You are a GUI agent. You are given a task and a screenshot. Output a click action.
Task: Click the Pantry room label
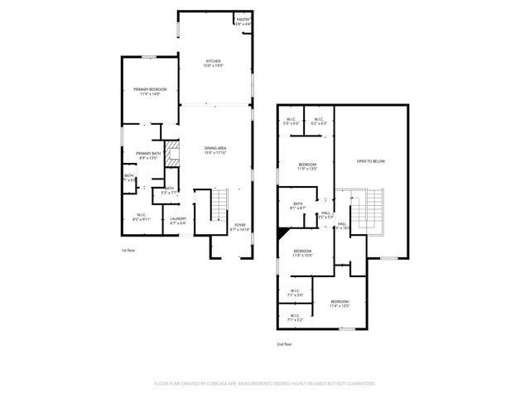(x=243, y=21)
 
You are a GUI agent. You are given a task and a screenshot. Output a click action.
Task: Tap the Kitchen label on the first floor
(x=214, y=64)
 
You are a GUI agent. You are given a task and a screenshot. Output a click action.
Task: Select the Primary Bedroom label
(x=151, y=91)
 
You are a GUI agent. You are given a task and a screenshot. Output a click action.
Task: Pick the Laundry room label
(x=178, y=220)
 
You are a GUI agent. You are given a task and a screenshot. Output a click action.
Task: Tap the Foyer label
(x=239, y=227)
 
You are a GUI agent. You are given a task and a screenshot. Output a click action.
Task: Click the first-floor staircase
(x=219, y=203)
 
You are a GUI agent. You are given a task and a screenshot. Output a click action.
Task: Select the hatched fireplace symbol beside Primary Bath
(x=172, y=154)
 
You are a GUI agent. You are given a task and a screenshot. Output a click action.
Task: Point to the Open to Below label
(x=371, y=160)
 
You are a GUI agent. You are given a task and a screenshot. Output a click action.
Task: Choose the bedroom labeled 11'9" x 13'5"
(x=307, y=166)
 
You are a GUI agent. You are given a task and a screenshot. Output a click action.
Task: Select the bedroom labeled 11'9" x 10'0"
(x=302, y=252)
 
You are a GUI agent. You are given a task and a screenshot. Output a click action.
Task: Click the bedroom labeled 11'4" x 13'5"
(x=340, y=304)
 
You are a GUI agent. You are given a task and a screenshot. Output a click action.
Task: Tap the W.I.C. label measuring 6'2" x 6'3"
(x=320, y=121)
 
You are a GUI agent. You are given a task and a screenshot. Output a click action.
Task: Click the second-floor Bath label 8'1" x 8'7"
(x=298, y=206)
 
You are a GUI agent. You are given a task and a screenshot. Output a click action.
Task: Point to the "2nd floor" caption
(x=285, y=343)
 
